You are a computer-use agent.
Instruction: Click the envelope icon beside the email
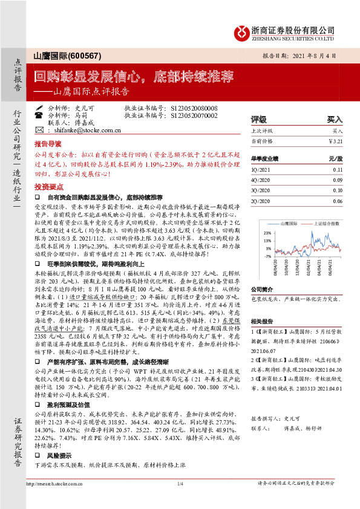[x=39, y=130]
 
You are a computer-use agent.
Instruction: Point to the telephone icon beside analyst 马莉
[x=39, y=114]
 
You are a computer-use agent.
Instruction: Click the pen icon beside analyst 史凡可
[x=39, y=106]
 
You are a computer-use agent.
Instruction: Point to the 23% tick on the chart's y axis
[x=267, y=232]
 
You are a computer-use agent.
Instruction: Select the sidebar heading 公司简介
[x=262, y=290]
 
